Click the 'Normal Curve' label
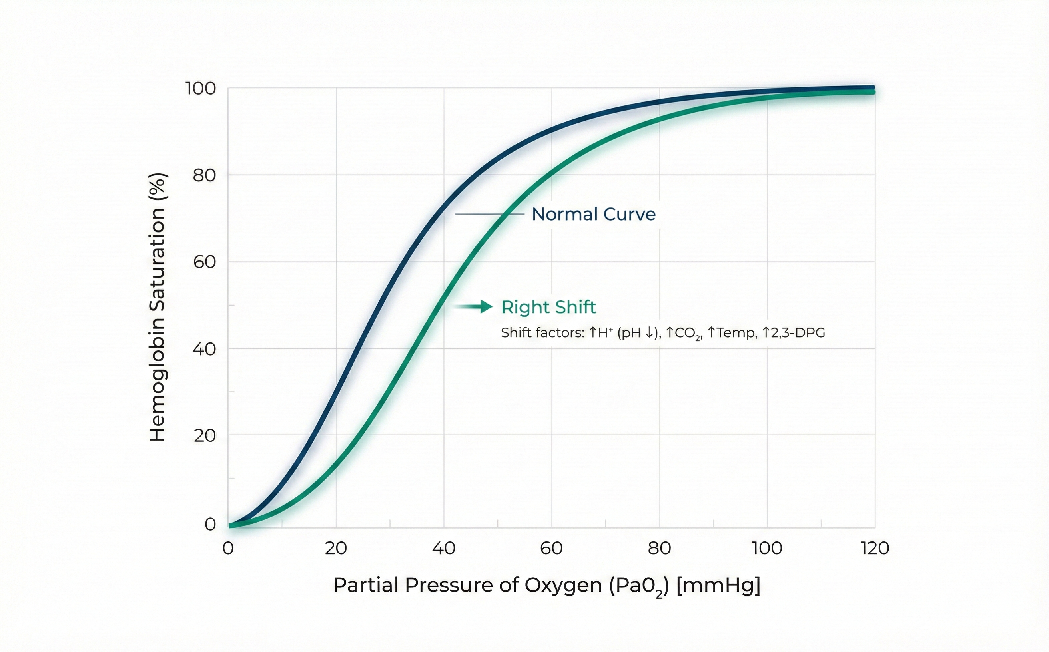pos(593,214)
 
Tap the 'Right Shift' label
pos(548,308)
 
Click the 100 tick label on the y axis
pos(201,89)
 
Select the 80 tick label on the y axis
pos(204,175)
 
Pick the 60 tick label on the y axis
pos(204,262)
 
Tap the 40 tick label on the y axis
pos(204,349)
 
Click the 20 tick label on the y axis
pos(204,436)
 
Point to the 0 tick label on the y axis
pos(210,525)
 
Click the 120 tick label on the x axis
pos(875,549)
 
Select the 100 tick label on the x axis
pos(767,549)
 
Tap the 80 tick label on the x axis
pos(659,549)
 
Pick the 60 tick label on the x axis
pos(551,549)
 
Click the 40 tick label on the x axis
pos(444,549)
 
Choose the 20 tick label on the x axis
pos(336,549)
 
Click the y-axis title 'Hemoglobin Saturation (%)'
pos(157,307)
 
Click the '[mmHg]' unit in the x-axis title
pos(718,586)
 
